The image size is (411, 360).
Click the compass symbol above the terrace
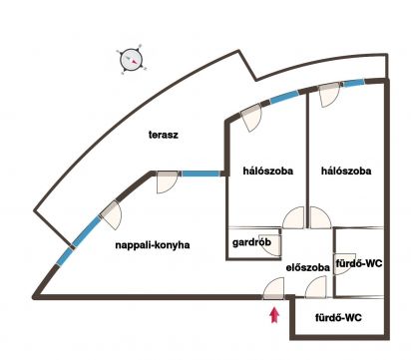tap(131, 60)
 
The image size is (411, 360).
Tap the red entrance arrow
tap(274, 315)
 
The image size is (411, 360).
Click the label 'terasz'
tap(164, 135)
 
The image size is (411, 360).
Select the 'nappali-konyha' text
tap(153, 245)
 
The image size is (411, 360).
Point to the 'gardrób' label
tap(251, 242)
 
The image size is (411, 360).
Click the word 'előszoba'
tap(308, 267)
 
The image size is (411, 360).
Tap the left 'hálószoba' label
tap(268, 171)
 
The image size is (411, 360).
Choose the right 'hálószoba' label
tap(346, 171)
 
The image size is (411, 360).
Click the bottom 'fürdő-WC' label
tap(338, 318)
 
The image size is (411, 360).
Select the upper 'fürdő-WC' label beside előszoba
tap(359, 263)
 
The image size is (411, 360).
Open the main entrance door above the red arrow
tap(274, 289)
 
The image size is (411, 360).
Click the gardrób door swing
tap(273, 245)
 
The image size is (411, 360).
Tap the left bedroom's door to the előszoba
tap(293, 217)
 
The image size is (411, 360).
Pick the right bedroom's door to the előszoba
tap(320, 217)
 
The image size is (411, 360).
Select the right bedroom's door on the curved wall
tap(329, 95)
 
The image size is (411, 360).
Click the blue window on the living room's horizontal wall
tap(201, 174)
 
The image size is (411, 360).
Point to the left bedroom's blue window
tap(283, 98)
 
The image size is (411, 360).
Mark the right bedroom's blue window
tap(354, 83)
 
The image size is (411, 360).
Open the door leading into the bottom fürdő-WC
tap(316, 287)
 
